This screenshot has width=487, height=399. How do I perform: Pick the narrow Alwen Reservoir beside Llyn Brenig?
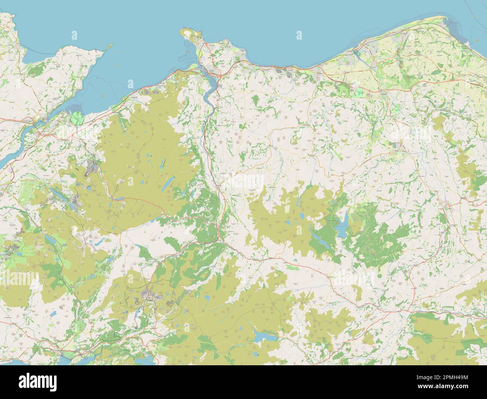318,238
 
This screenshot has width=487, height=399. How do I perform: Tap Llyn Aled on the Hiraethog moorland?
302,216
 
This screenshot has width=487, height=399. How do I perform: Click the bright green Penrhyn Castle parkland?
78,118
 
